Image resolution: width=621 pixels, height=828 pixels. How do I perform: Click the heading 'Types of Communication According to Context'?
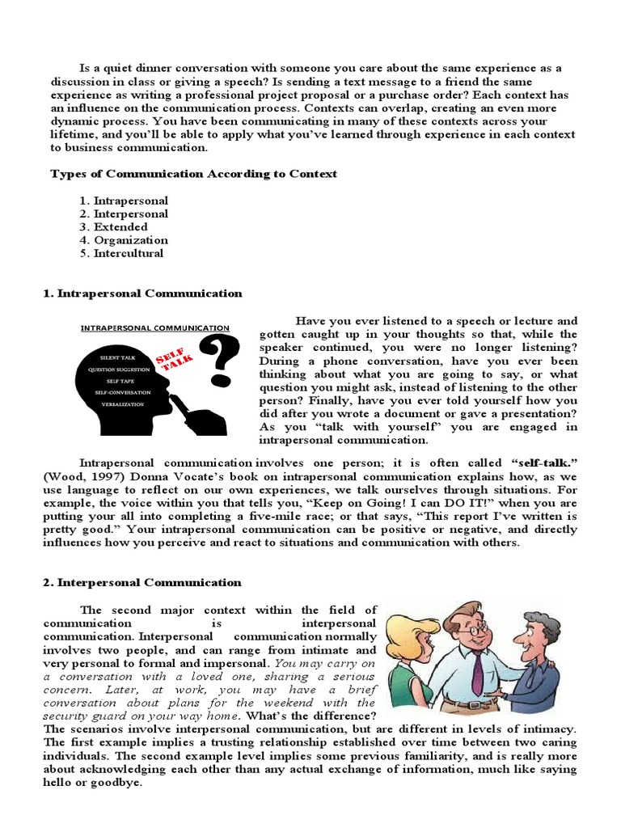pyautogui.click(x=193, y=174)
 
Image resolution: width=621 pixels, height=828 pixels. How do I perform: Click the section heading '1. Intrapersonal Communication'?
pyautogui.click(x=142, y=294)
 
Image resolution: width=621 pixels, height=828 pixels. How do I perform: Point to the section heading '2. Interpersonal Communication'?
pyautogui.click(x=142, y=582)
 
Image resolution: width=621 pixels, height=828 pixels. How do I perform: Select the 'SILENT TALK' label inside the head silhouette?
pyautogui.click(x=118, y=357)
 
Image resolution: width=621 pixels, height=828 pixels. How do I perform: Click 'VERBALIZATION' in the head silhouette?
pyautogui.click(x=121, y=403)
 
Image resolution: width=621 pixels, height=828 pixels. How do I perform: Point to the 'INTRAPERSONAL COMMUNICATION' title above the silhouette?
pyautogui.click(x=154, y=328)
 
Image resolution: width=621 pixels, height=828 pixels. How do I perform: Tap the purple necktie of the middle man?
pyautogui.click(x=477, y=670)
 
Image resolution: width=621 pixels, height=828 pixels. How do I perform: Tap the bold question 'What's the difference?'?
pyautogui.click(x=310, y=716)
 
